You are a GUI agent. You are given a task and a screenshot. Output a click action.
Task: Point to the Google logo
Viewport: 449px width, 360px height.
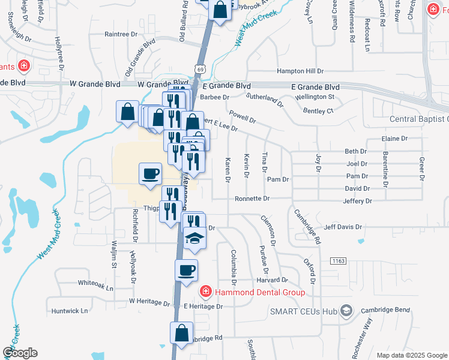(x=20, y=353)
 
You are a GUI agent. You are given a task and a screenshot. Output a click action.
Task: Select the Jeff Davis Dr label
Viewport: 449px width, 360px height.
(x=343, y=227)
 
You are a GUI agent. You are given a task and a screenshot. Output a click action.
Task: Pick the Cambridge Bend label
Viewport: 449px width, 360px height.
(x=385, y=310)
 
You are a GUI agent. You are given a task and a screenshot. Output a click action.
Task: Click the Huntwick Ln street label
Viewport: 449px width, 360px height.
(x=70, y=311)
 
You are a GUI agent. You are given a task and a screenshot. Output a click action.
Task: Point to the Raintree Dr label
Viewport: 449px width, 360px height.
(x=121, y=34)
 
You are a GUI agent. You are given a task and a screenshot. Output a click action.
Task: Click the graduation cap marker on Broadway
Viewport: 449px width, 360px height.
(x=194, y=239)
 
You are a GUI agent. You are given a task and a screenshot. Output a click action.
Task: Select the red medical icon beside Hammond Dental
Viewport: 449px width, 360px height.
(x=205, y=292)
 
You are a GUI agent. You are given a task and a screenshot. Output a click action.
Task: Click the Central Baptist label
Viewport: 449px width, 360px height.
(x=418, y=119)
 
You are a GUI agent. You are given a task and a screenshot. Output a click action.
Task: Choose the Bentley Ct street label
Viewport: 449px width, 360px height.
(x=318, y=111)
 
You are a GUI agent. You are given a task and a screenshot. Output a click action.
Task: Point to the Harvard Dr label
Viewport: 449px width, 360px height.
(x=273, y=280)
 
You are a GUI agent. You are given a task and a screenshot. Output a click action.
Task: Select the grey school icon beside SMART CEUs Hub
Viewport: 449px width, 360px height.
(x=346, y=311)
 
